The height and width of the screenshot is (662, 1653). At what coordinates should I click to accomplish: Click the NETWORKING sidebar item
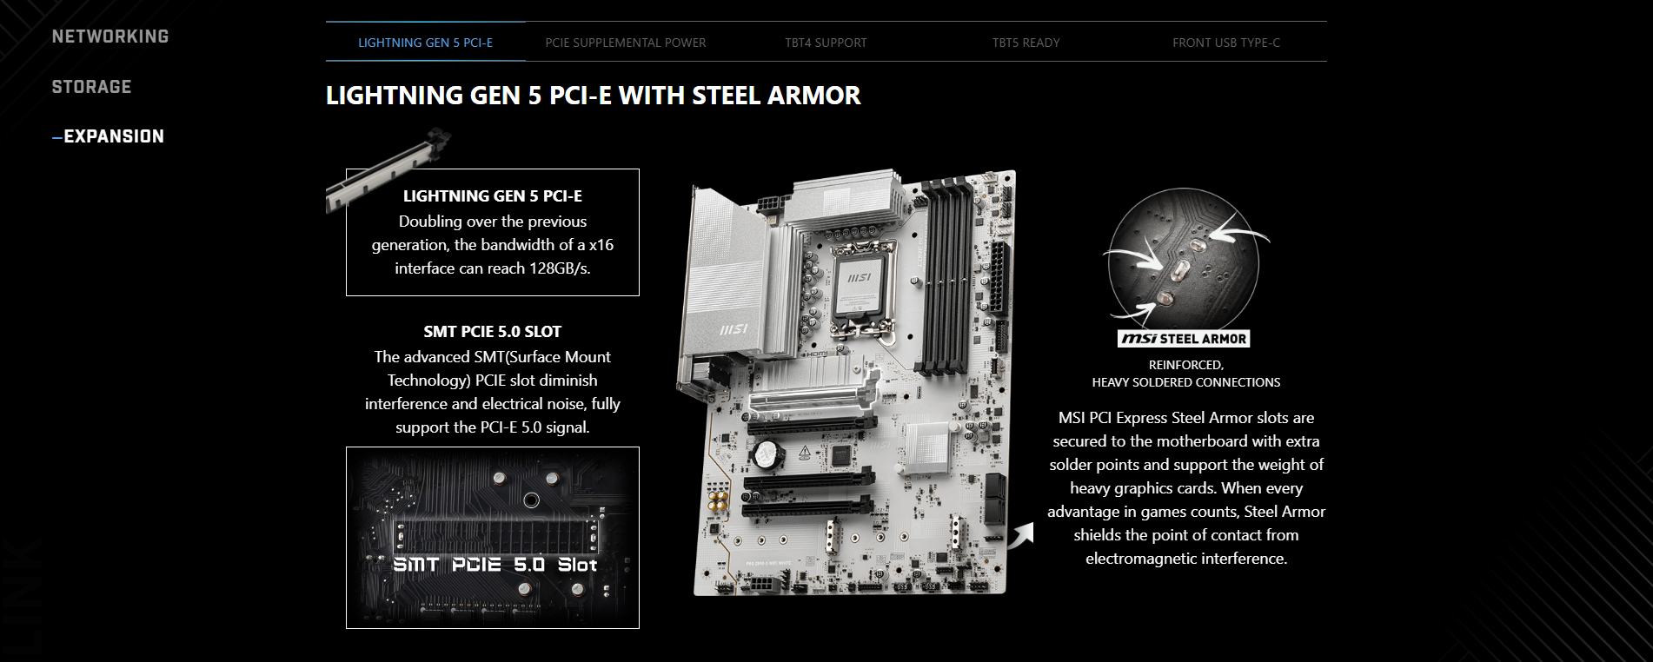click(x=110, y=36)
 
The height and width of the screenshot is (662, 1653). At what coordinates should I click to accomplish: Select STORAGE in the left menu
click(x=91, y=87)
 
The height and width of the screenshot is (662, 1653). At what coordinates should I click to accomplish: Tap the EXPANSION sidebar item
click(x=109, y=136)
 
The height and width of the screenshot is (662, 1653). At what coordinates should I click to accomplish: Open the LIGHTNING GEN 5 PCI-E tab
click(x=426, y=42)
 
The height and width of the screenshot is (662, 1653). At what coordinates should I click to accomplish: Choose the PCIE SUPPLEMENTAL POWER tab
click(x=626, y=42)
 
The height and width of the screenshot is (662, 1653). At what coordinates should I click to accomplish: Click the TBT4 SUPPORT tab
click(x=826, y=42)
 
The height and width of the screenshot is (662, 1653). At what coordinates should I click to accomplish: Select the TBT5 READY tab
click(x=1026, y=42)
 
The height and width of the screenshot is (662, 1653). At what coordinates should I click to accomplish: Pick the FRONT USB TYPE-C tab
click(x=1226, y=42)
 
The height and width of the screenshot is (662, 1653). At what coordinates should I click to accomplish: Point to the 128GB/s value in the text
click(x=560, y=268)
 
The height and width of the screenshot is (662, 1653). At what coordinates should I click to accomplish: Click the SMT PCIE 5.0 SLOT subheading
click(x=493, y=332)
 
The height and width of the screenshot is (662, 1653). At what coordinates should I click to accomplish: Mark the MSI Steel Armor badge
click(x=1185, y=339)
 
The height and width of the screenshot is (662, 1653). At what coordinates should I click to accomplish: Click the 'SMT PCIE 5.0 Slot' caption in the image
click(x=495, y=565)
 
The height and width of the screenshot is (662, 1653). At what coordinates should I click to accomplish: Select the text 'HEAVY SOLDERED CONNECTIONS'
click(x=1186, y=382)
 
